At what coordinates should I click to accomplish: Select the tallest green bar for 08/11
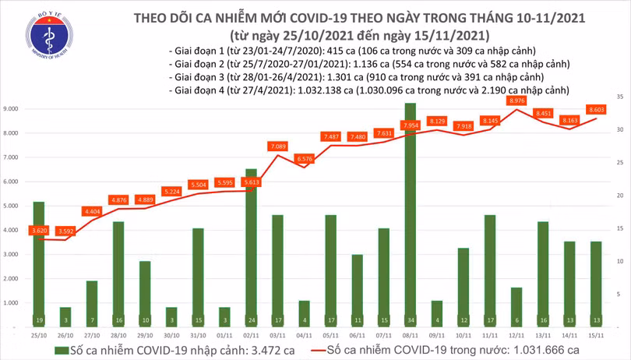tap(409, 210)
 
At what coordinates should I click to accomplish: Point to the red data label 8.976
tap(516, 101)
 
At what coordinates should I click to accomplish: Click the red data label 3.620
tap(37, 231)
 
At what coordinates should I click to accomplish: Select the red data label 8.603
tap(597, 110)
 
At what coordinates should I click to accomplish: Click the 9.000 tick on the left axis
tap(12, 109)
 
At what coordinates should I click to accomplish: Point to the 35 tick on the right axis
tap(620, 96)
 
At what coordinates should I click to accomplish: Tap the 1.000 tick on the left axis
tap(12, 302)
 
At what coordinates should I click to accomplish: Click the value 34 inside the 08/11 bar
tap(410, 320)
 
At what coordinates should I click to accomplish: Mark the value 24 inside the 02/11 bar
tap(250, 320)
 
